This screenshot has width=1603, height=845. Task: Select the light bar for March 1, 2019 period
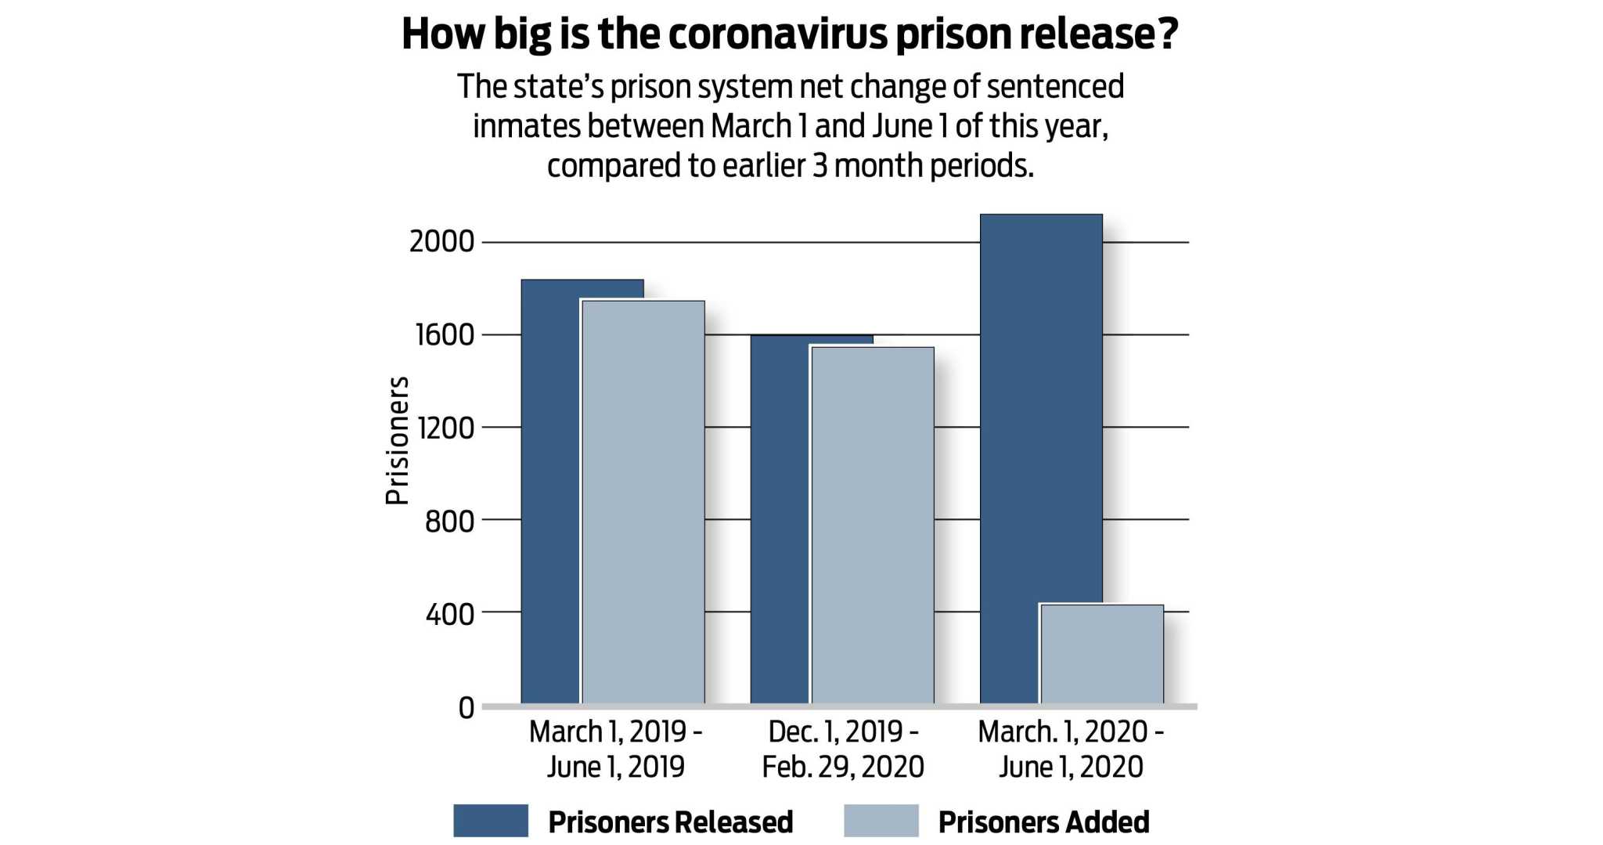643,501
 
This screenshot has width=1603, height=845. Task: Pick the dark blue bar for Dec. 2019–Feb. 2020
780,525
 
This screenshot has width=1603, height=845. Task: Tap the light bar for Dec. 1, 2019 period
872,525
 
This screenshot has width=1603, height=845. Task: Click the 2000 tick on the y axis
441,241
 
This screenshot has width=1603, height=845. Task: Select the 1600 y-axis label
444,334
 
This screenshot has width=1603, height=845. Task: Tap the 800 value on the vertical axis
449,520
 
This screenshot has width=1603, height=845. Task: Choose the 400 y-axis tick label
449,614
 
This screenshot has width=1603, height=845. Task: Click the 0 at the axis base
466,707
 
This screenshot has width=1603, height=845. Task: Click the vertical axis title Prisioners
398,440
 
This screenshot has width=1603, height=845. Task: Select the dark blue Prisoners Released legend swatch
491,821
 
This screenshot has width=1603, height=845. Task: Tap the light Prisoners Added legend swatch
881,821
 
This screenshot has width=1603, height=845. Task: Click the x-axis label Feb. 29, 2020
843,766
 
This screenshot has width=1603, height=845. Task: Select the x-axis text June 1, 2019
615,766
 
